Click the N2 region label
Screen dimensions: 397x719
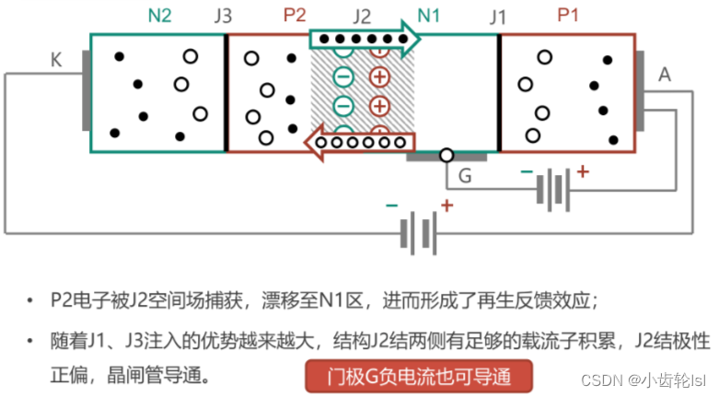159,16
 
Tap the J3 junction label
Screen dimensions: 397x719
223,16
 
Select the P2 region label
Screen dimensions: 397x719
295,16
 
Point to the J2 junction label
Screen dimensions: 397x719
361,16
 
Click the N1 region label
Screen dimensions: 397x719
429,16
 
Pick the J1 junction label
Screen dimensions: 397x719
497,16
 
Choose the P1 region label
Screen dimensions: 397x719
568,16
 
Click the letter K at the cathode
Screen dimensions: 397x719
56,61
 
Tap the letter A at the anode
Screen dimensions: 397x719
665,75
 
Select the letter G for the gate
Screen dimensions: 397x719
465,175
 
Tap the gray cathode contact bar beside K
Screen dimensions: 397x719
85,91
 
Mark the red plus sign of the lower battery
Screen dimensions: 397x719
446,205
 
